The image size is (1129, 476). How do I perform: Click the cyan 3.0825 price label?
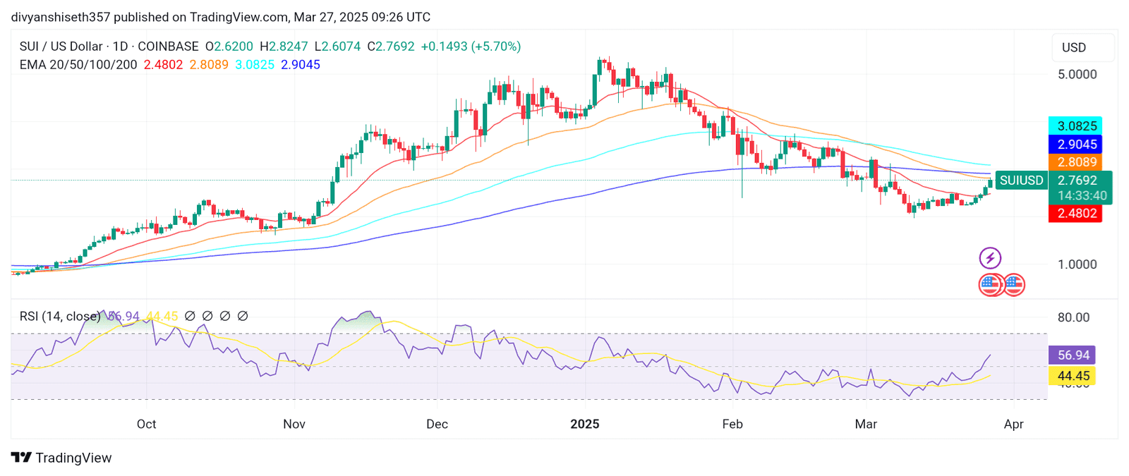coord(1075,126)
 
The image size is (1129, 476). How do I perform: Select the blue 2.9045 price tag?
coord(1075,145)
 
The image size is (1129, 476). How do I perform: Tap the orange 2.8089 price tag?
coord(1075,162)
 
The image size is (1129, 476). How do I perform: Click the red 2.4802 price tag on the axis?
coord(1075,213)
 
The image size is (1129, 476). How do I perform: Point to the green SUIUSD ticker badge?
coord(1021,181)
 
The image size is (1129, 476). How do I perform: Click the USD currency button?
coord(1074,47)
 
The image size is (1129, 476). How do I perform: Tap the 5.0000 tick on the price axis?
coord(1077,75)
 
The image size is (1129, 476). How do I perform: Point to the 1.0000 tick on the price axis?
coord(1077,264)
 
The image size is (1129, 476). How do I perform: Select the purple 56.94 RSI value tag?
coord(1073,355)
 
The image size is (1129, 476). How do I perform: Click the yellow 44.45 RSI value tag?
coord(1073,376)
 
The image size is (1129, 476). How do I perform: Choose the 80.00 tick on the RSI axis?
coord(1073,317)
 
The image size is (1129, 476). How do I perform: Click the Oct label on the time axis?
coord(146,424)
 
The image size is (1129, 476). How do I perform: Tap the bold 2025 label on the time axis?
coord(584,424)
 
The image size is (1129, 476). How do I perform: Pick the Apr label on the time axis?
coord(1013,424)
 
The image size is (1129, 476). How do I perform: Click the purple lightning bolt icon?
coord(990,258)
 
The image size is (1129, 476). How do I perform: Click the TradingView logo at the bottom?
coord(61,458)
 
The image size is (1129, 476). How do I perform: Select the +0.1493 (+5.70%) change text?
coord(471,47)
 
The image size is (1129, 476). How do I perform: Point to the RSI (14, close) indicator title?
coord(60,317)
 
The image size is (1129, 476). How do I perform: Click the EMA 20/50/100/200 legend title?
coord(78,65)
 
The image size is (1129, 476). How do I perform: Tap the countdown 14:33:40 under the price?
coord(1082,196)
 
